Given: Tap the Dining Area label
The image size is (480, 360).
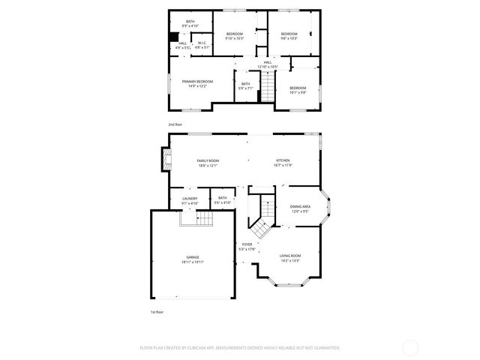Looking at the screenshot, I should click(300, 208).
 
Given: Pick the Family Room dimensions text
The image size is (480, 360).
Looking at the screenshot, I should click(208, 166).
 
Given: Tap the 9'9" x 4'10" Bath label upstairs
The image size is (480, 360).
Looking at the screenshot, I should click(190, 24).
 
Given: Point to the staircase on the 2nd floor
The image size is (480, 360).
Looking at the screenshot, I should click(268, 90).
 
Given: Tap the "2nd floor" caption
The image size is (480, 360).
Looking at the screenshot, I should click(175, 124).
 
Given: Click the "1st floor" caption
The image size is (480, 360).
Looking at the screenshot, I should click(157, 311).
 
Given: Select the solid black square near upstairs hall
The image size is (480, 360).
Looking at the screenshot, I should click(173, 35).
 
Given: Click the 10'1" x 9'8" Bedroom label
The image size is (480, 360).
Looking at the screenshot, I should click(298, 90).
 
